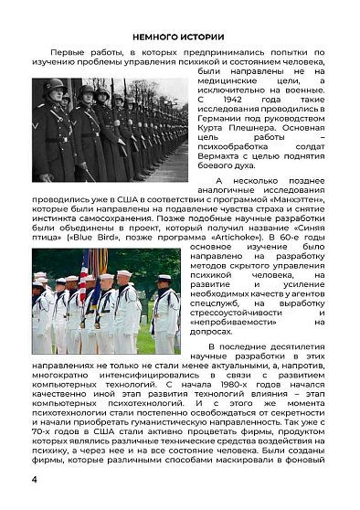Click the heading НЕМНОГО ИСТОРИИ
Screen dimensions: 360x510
(x=179, y=37)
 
